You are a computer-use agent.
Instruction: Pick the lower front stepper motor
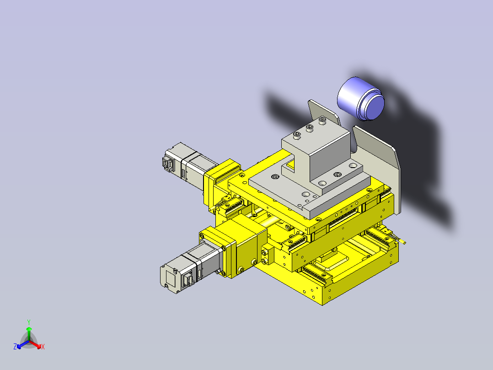188,270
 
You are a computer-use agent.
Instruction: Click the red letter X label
43,347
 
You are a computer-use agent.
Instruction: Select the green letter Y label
29,322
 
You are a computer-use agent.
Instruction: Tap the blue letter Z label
15,347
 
